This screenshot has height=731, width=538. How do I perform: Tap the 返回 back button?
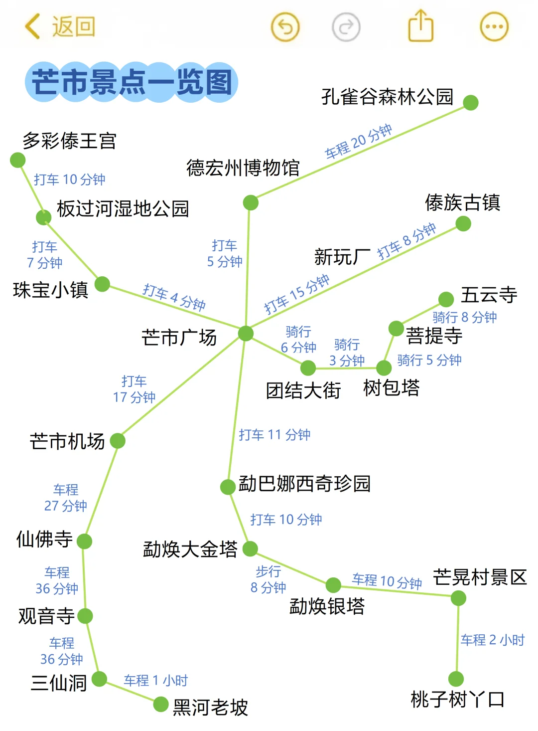pos(60,26)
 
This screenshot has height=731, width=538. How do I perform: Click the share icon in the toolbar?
pos(421,26)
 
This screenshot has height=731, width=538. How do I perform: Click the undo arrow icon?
pos(285,26)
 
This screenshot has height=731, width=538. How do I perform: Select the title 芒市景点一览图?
pos(132,82)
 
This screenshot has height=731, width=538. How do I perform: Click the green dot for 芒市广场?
pos(246,333)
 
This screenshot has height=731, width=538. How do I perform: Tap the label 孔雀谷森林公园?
pos(388,97)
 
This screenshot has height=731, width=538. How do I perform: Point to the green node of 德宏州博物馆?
pos(251,202)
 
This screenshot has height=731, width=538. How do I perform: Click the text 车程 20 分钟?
pos(358,142)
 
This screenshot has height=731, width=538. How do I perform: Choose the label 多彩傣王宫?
pos(69,141)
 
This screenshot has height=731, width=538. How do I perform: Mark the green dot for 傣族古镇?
pos(463,224)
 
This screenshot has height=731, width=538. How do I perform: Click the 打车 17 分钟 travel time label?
pos(134,389)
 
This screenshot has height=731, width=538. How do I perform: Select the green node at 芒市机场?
pos(118,441)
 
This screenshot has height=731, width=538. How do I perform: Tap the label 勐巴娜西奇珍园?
pos(304,484)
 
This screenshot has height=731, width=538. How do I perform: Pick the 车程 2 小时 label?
pos(492,640)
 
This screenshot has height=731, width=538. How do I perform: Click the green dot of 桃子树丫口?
pos(456,679)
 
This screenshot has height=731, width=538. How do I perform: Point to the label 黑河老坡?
pos(210,707)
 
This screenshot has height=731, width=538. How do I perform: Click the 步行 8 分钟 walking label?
pos(268,579)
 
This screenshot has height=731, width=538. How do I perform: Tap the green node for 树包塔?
pos(384,368)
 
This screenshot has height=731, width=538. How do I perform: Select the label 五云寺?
pos(489,295)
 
